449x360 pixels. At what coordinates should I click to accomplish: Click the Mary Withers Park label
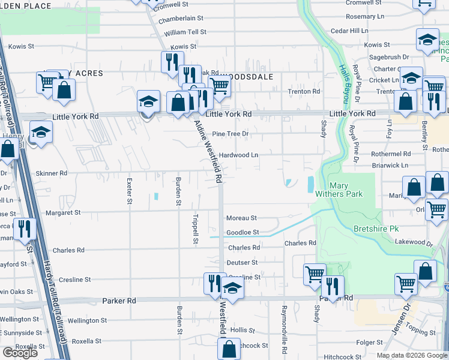tap(338, 190)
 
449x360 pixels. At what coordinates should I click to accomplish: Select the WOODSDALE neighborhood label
tap(247, 77)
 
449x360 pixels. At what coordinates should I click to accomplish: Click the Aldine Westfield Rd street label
tap(208, 151)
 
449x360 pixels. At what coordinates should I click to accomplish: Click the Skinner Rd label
tap(52, 173)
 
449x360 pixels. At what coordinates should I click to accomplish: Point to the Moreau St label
tap(241, 218)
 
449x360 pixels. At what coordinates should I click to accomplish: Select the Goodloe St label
tap(243, 232)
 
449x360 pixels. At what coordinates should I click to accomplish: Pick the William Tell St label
tap(185, 32)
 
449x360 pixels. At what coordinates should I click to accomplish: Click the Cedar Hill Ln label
tap(349, 30)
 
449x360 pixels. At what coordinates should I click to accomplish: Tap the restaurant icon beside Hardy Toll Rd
tap(24, 229)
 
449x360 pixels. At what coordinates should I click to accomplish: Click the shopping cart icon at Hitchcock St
tap(229, 349)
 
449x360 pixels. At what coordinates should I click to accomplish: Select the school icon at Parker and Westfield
tap(232, 287)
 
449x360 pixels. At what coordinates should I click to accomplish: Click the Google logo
tap(20, 352)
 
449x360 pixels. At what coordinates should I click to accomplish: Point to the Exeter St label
tap(129, 191)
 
